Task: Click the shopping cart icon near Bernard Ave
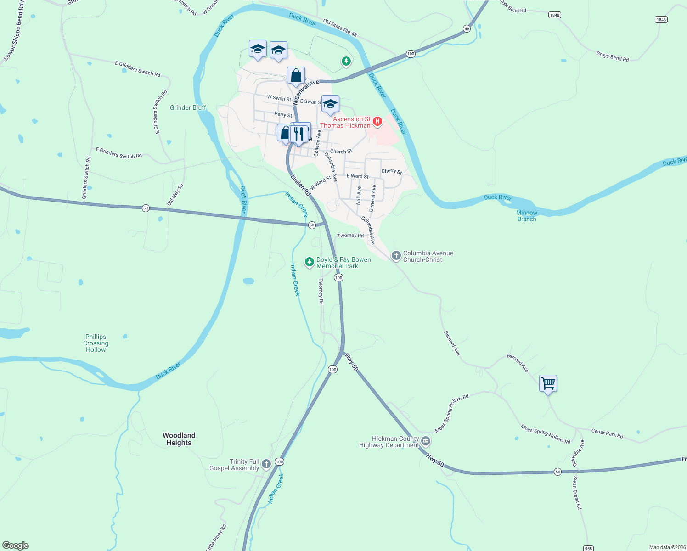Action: coord(548,383)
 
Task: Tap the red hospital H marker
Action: coord(377,122)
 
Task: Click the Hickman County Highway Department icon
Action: coord(426,442)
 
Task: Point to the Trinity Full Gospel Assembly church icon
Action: coord(266,464)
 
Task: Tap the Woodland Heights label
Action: coord(179,439)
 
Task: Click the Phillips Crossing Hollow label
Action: coord(96,343)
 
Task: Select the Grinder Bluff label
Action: coord(188,107)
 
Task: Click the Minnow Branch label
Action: coord(526,216)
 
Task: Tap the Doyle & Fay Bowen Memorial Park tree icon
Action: coord(310,262)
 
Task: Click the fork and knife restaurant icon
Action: coord(299,134)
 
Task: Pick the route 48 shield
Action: coord(467,28)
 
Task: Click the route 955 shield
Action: coord(588,548)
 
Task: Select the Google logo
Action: coord(16,545)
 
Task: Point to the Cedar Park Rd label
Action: coord(607,433)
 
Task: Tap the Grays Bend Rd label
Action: coord(612,56)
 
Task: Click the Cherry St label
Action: coord(391,171)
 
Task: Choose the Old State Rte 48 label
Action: coord(340,28)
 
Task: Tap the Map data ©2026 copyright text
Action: coord(667,547)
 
